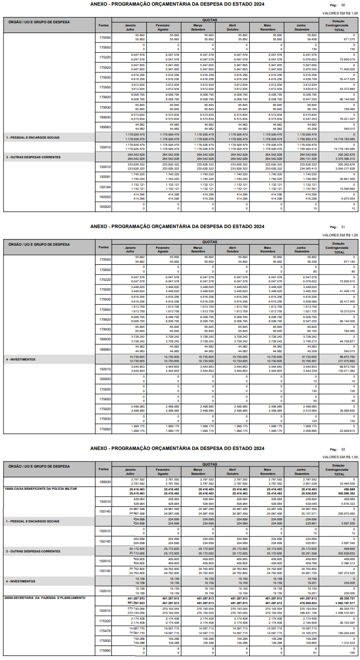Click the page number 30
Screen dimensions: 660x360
tap(342, 5)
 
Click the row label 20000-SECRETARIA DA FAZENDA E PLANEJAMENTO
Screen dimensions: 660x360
tap(44, 598)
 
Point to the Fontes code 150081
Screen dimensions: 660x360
tap(105, 177)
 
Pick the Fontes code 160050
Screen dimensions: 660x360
tap(105, 197)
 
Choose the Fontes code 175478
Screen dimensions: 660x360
tap(105, 631)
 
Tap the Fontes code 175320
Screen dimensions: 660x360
tap(105, 621)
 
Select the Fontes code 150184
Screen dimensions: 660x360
tap(105, 187)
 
